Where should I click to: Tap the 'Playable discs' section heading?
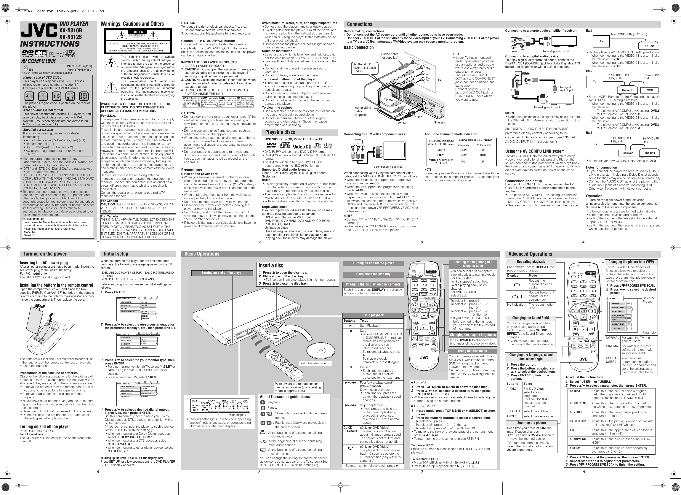pyautogui.click(x=280, y=132)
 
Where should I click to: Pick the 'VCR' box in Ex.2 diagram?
pyautogui.click(x=650, y=90)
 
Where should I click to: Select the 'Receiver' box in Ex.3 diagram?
pyautogui.click(x=627, y=153)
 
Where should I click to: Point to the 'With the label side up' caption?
pyautogui.click(x=315, y=363)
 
